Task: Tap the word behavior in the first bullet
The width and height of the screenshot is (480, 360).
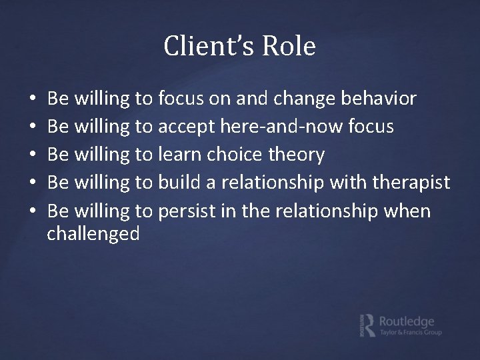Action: click(379, 99)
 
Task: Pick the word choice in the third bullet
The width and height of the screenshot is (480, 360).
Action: click(234, 155)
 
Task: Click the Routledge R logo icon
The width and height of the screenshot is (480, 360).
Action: click(367, 324)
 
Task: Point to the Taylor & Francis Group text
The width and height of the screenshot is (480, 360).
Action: click(410, 332)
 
